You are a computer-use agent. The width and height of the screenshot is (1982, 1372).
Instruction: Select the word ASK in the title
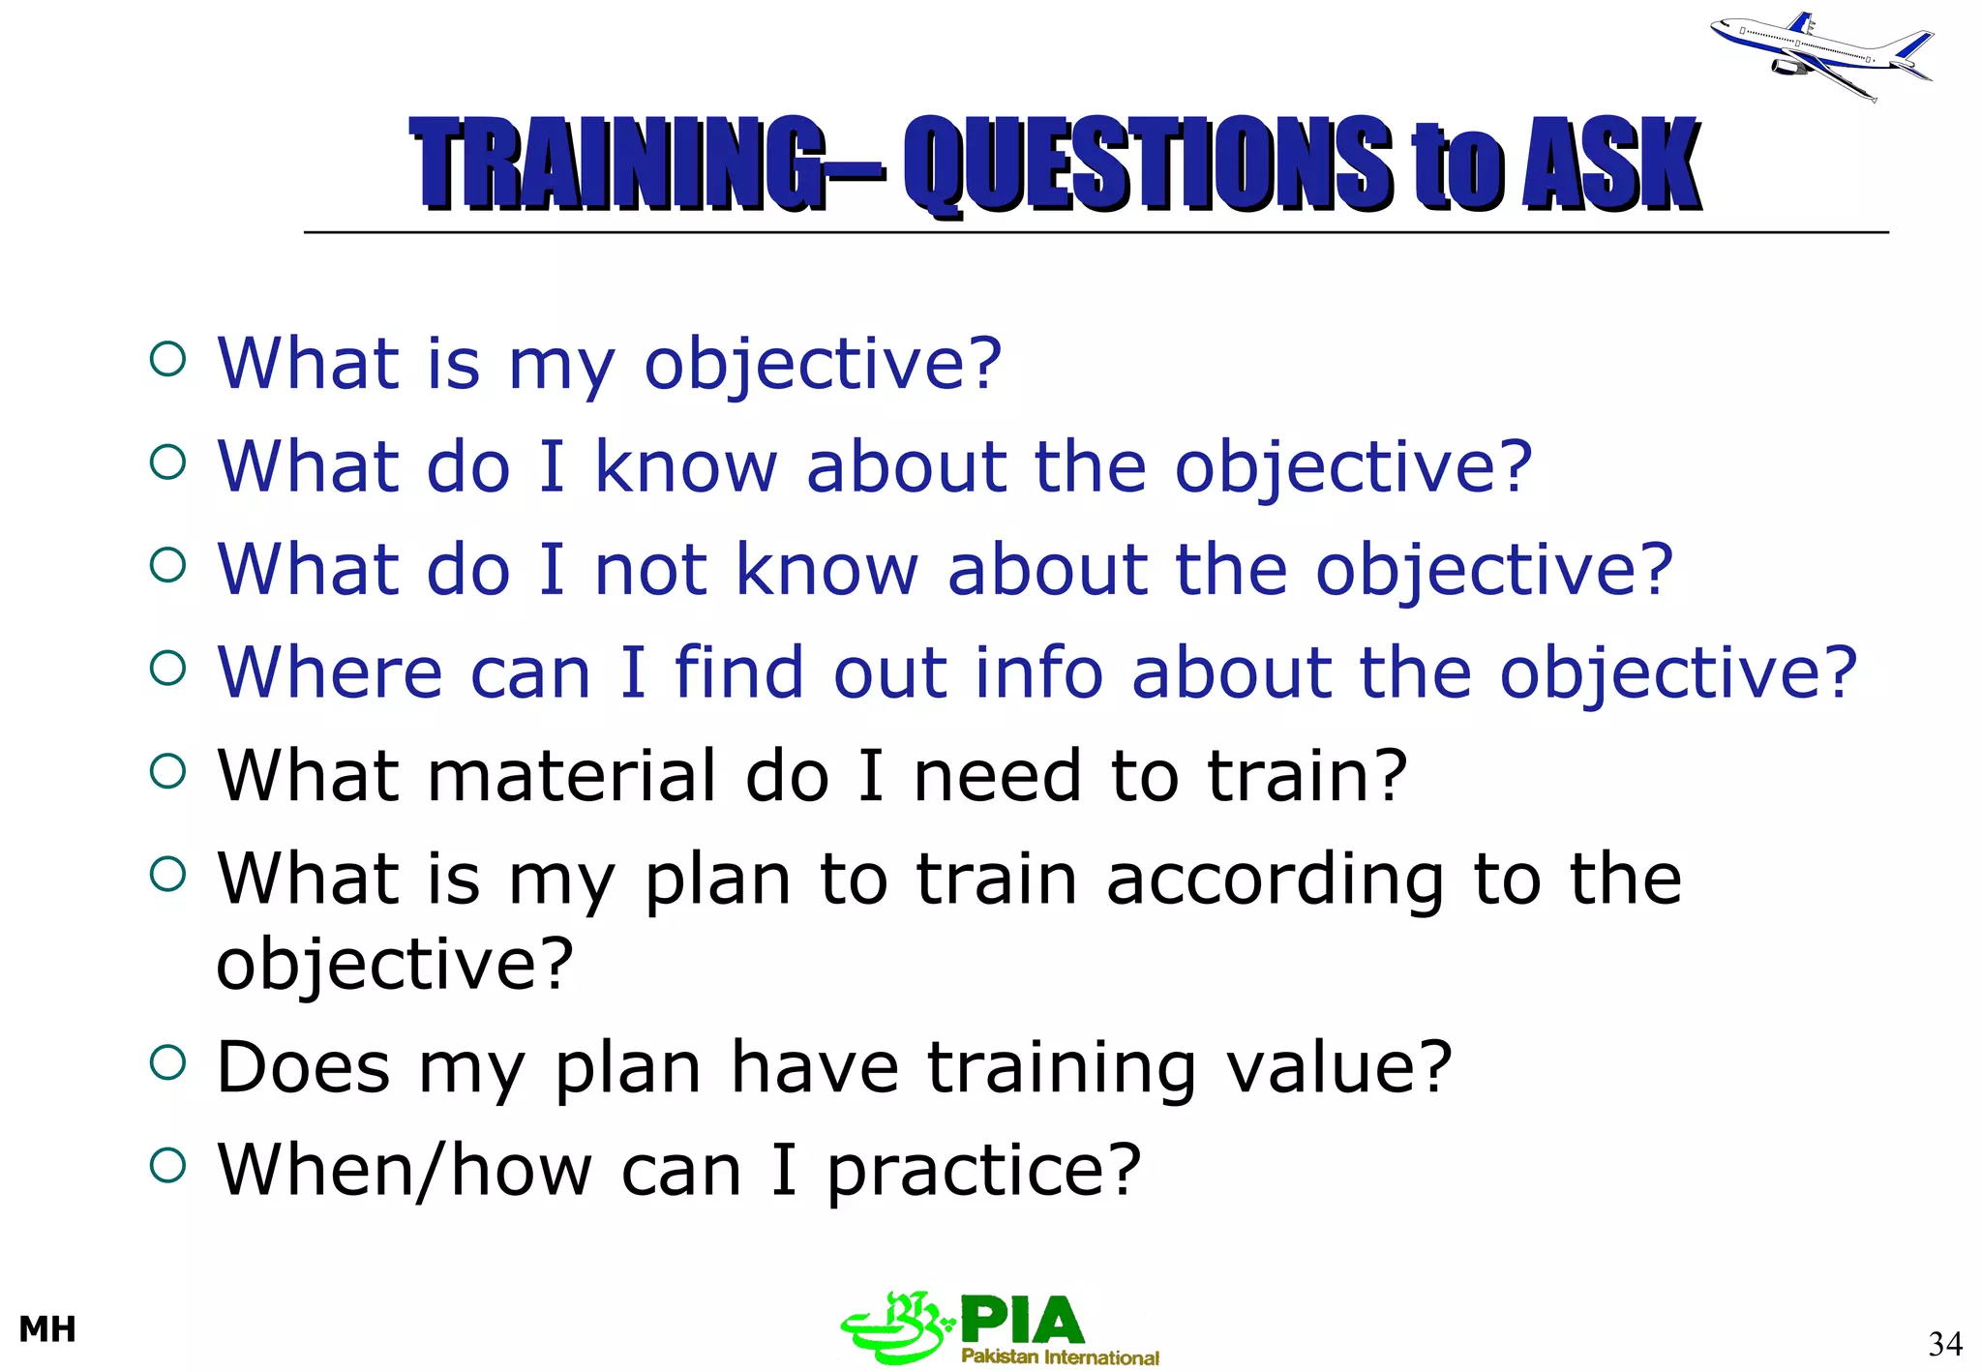tap(1610, 163)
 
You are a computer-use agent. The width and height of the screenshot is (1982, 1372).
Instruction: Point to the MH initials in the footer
tap(47, 1329)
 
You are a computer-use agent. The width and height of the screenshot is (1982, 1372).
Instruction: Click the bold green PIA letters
tap(1022, 1321)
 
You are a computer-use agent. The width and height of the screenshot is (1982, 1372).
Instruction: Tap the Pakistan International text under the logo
tap(1060, 1357)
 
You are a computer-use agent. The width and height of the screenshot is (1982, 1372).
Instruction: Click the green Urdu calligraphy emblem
tap(895, 1327)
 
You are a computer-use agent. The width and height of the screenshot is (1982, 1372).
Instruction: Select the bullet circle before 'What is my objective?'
tap(167, 360)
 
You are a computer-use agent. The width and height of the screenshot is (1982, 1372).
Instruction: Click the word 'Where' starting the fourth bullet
tap(329, 672)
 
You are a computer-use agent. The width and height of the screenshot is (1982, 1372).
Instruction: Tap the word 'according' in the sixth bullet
tap(1275, 880)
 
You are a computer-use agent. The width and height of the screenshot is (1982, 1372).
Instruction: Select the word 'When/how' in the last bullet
tap(405, 1171)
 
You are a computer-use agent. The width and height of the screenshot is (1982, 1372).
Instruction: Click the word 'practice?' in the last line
tap(984, 1171)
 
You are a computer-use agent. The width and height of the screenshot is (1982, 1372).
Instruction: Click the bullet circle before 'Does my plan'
tap(167, 1063)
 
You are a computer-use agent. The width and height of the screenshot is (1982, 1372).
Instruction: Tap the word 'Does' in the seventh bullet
tap(303, 1067)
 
